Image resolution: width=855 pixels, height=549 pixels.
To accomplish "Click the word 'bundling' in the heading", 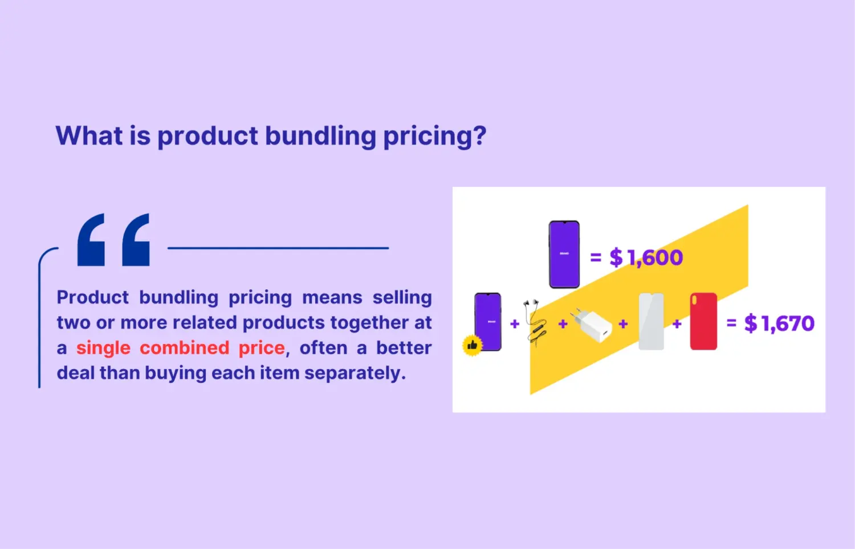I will pos(320,137).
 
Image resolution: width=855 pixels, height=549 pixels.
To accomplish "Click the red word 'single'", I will pos(103,348).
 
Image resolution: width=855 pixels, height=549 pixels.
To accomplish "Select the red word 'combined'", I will pos(185,347).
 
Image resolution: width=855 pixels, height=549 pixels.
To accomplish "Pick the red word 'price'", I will pos(261,348).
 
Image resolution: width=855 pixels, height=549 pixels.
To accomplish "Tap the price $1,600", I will pos(646,257).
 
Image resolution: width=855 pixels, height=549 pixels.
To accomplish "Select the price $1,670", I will pos(779,323).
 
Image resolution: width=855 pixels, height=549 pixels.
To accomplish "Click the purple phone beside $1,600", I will pos(564,254).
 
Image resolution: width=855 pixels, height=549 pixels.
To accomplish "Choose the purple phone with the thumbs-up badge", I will pos(488,321).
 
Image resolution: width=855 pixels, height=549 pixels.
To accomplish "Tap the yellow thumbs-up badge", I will pos(472,345).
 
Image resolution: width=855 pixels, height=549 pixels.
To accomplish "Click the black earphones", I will pos(536,322).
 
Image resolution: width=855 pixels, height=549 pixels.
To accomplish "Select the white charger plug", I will pos(593,325).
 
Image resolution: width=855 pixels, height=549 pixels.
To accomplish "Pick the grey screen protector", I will pos(651,321).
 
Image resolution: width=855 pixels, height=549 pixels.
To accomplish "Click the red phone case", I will pos(703,321).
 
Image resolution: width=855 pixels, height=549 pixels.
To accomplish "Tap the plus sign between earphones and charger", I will pos(563,324).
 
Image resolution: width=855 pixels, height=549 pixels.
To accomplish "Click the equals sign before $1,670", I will pos(731,323).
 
